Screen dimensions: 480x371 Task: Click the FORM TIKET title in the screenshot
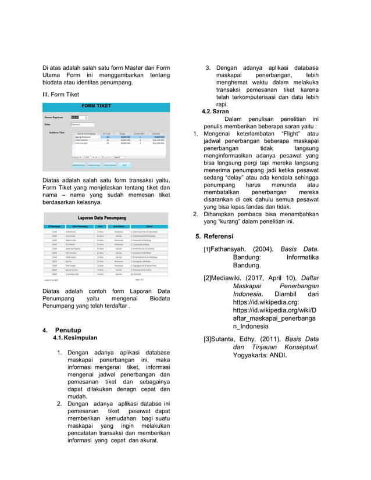97,106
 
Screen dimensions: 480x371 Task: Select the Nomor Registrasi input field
78,117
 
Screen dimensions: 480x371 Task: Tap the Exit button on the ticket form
124,164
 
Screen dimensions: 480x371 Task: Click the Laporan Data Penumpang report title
105,218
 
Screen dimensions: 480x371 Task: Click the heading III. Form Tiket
61,94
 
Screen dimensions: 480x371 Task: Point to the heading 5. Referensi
217,237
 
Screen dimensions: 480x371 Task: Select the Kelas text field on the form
82,124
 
